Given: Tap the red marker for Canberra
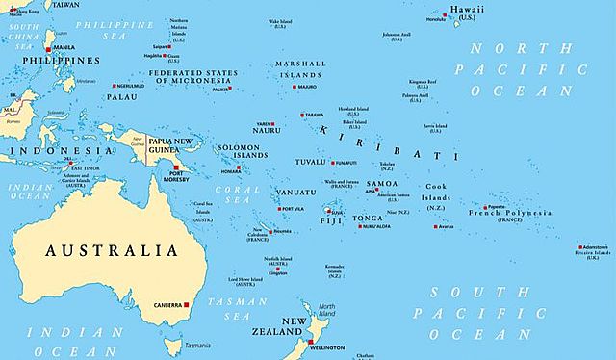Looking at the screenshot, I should tap(188, 305).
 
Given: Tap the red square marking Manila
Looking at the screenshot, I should tap(49, 46).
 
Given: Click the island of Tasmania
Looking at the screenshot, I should tap(193, 333).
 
